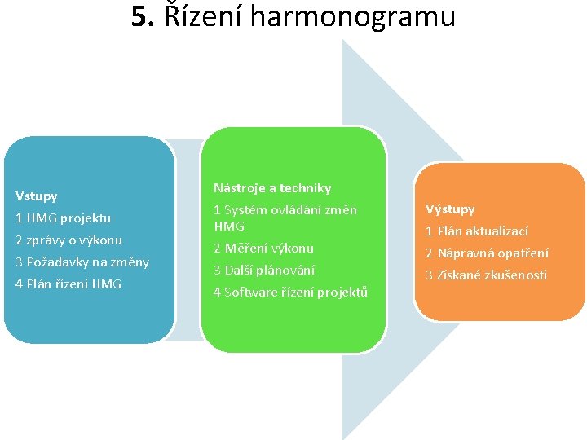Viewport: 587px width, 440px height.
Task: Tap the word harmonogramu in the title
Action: click(x=352, y=16)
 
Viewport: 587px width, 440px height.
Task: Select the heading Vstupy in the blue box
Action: click(x=37, y=196)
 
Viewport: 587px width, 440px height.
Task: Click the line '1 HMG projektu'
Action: click(x=64, y=218)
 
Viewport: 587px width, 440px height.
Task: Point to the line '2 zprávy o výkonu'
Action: click(x=69, y=240)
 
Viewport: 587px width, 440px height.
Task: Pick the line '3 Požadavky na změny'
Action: click(x=82, y=262)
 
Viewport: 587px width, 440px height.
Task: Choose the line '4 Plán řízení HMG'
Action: click(x=68, y=284)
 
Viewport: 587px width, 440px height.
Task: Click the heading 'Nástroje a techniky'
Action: click(x=272, y=188)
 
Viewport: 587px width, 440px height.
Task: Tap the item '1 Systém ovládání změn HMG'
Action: click(x=285, y=218)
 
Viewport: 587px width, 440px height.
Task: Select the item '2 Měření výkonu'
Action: click(x=263, y=249)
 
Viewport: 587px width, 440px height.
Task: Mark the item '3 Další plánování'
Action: click(x=263, y=271)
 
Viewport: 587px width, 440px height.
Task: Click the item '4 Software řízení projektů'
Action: click(x=290, y=293)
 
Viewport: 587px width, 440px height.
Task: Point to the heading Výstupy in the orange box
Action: click(x=450, y=209)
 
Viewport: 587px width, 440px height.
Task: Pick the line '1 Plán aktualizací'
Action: click(x=477, y=231)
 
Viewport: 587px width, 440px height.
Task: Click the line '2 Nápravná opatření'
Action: click(x=487, y=253)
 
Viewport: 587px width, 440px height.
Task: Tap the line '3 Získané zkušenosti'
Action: click(x=486, y=275)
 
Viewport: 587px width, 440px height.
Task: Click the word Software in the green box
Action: click(x=250, y=293)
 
